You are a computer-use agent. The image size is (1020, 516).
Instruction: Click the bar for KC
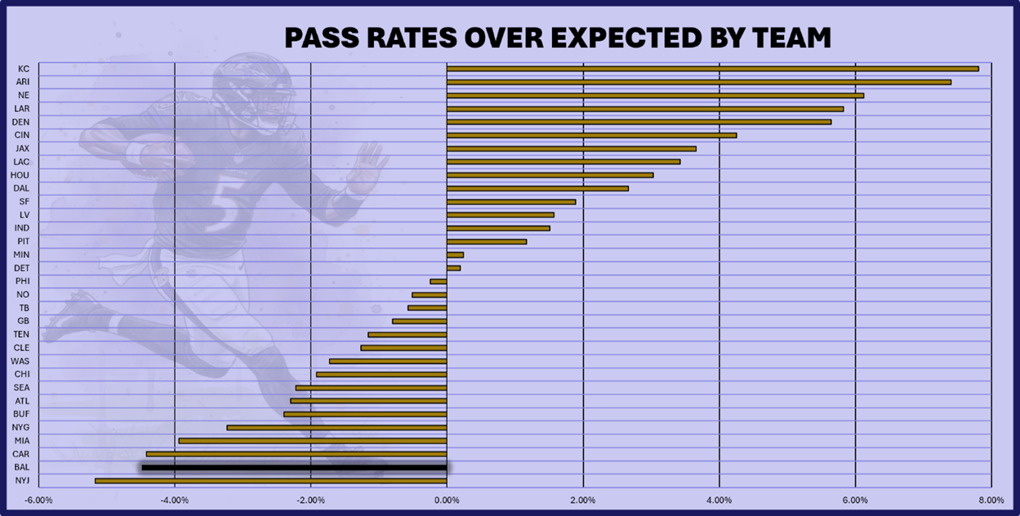pyautogui.click(x=712, y=69)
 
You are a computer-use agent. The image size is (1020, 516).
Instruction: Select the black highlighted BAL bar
pyautogui.click(x=294, y=468)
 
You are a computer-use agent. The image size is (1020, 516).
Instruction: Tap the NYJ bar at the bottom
pyautogui.click(x=270, y=481)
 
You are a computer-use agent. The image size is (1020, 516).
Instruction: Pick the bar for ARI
pyautogui.click(x=698, y=82)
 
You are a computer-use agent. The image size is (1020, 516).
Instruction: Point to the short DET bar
pyautogui.click(x=453, y=268)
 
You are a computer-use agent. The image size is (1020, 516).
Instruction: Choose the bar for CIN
pyautogui.click(x=591, y=136)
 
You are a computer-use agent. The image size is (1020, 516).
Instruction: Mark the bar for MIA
pyautogui.click(x=313, y=441)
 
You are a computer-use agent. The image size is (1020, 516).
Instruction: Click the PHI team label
pyautogui.click(x=23, y=281)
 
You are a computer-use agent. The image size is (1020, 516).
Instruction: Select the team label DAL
pyautogui.click(x=23, y=188)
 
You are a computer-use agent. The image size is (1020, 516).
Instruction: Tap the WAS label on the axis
pyautogui.click(x=21, y=361)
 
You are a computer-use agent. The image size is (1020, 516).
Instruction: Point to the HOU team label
pyautogui.click(x=22, y=175)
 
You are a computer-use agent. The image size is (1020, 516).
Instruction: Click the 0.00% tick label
pyautogui.click(x=447, y=500)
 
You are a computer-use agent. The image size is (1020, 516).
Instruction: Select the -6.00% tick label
pyautogui.click(x=38, y=500)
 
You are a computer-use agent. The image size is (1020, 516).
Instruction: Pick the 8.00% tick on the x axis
pyautogui.click(x=991, y=500)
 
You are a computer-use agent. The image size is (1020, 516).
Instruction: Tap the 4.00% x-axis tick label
pyautogui.click(x=719, y=500)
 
